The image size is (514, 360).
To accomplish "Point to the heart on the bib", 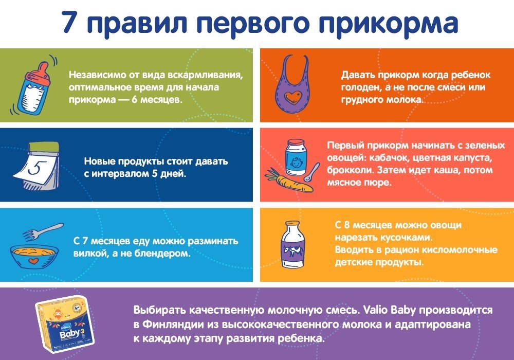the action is click(292, 97).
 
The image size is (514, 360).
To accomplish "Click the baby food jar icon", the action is click(296, 157).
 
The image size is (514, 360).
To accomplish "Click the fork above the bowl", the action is click(43, 231).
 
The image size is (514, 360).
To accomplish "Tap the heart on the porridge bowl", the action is click(33, 261).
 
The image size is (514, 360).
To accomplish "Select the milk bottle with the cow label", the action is click(293, 245).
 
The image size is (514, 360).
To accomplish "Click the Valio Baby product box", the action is click(65, 322).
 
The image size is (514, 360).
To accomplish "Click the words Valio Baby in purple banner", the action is click(390, 310).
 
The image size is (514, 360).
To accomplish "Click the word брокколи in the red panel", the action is click(351, 170).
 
